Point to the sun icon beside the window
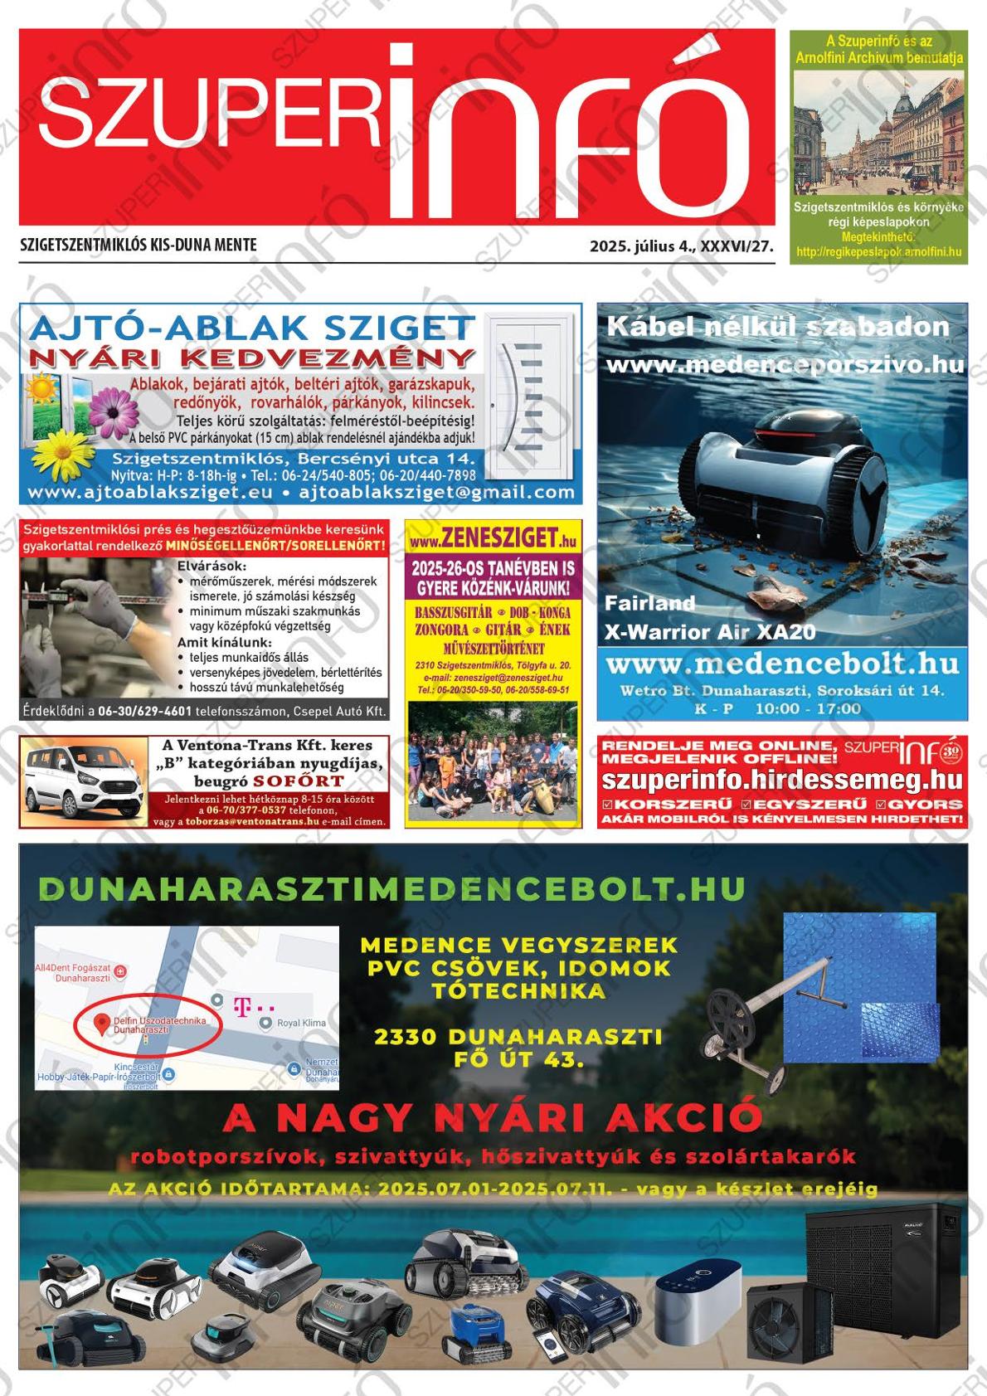coord(38,389)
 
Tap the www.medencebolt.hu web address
coord(782,665)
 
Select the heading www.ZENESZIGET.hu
coord(493,538)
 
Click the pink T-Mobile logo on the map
coord(242,1006)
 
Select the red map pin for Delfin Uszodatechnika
coord(101,1024)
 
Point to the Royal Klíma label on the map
coord(300,1023)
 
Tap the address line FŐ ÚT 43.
coord(518,1059)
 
